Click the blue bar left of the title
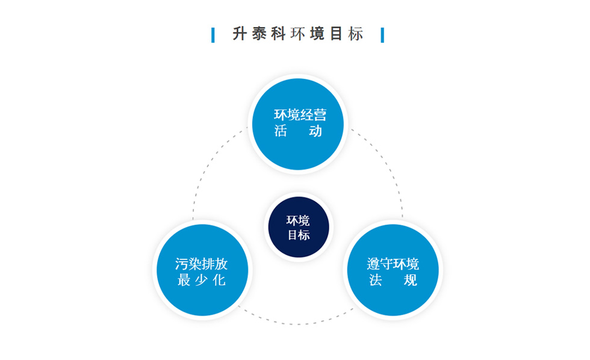213,35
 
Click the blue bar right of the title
382,35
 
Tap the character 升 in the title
240,34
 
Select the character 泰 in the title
259,34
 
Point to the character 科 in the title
278,34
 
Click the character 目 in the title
336,34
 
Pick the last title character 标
356,34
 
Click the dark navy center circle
299,227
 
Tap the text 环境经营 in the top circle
300,115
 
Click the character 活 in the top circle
281,131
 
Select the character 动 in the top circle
315,131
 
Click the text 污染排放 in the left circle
201,264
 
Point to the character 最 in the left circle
184,280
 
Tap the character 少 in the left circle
202,280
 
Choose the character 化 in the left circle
219,280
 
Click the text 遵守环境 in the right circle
393,264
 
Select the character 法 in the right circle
376,280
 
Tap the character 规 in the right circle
410,280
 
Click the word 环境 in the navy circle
298,220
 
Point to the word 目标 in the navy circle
299,235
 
